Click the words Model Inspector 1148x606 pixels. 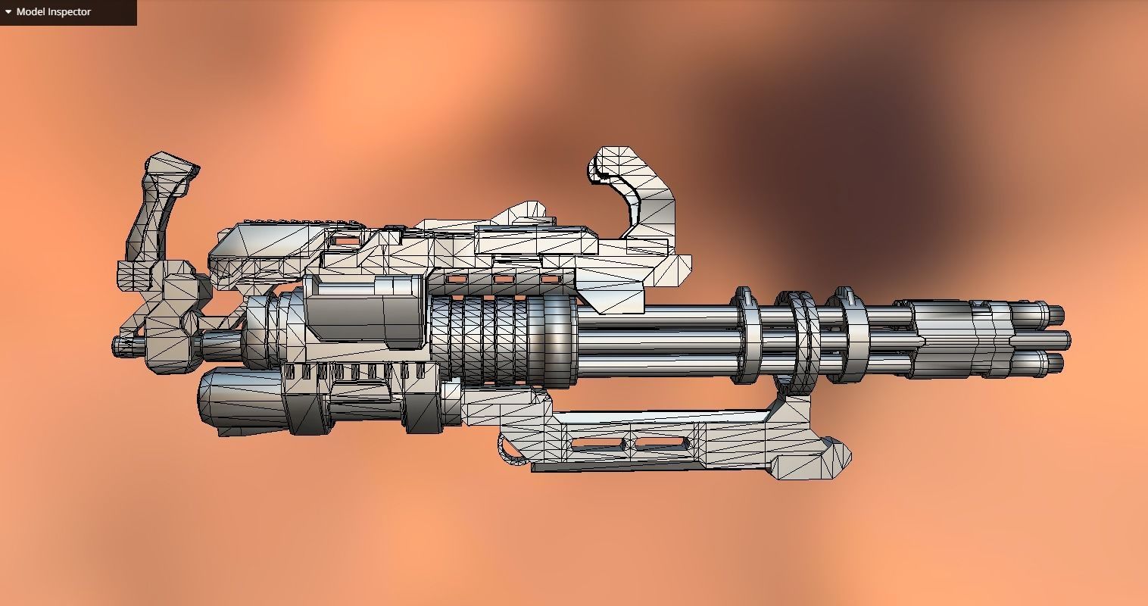pos(53,12)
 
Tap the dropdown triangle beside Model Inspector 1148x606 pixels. pos(8,12)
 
